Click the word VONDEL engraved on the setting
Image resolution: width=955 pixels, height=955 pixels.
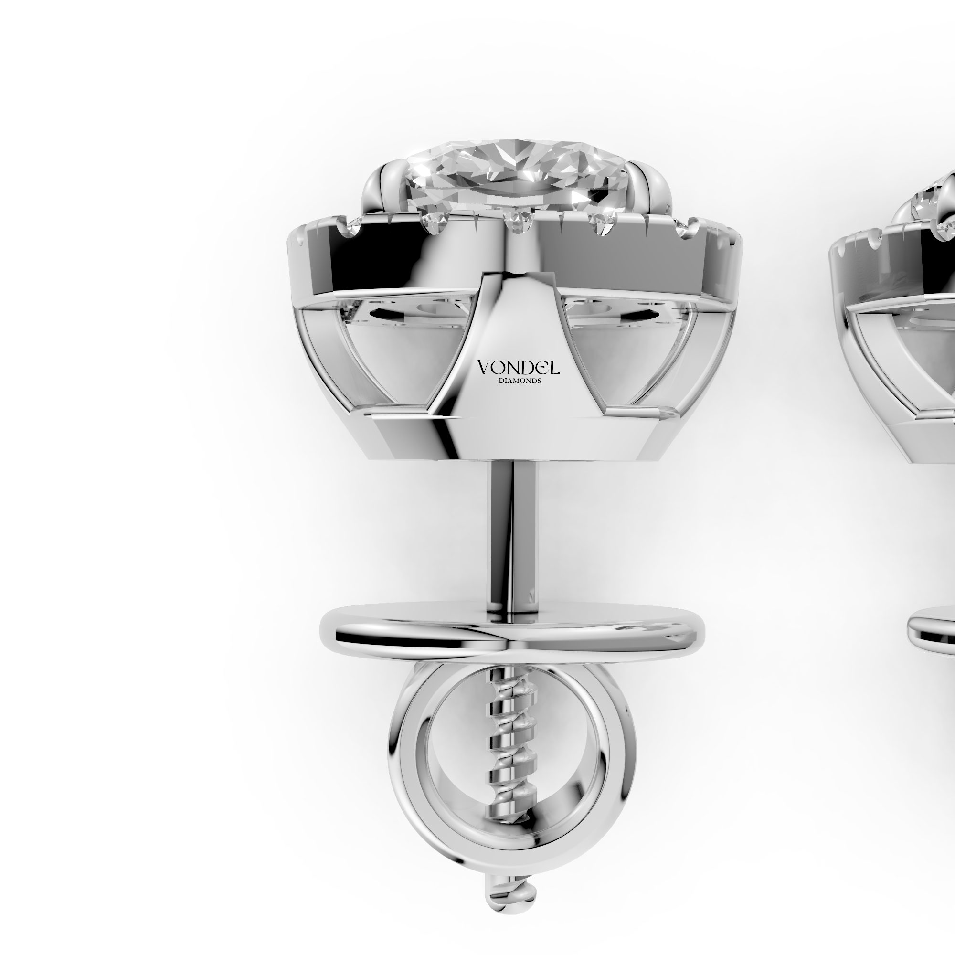(518, 367)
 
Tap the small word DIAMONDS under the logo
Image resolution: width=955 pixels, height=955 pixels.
(518, 381)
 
